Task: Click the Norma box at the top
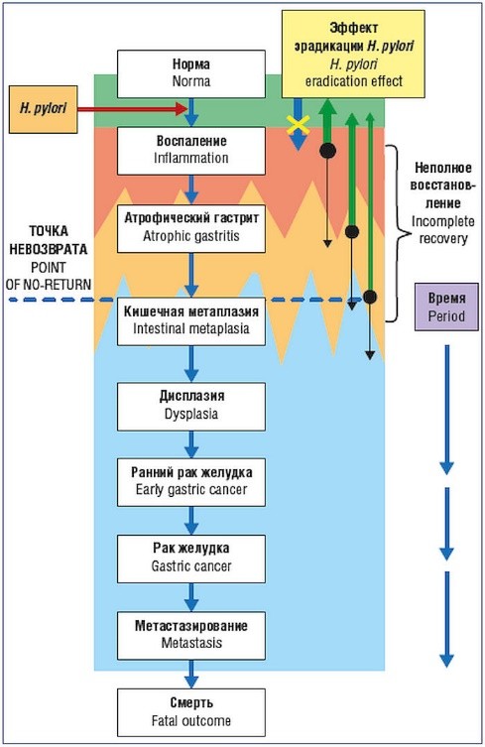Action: [191, 73]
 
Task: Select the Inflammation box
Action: [191, 151]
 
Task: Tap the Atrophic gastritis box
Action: [191, 228]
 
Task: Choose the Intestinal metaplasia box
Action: [191, 321]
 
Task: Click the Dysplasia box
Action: [191, 407]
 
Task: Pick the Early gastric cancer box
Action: [191, 482]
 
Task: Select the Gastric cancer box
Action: [191, 559]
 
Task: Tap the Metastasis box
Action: [191, 636]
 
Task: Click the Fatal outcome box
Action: [191, 712]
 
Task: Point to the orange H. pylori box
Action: [43, 109]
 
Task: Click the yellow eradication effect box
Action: [353, 54]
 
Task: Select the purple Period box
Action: [446, 307]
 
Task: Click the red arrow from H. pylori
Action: [132, 109]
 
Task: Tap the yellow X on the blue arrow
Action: [298, 125]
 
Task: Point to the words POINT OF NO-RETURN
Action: [49, 276]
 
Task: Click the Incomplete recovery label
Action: [443, 229]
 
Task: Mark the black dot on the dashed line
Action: [370, 297]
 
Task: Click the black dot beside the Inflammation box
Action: [327, 151]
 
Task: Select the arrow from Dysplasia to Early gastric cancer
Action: [191, 444]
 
